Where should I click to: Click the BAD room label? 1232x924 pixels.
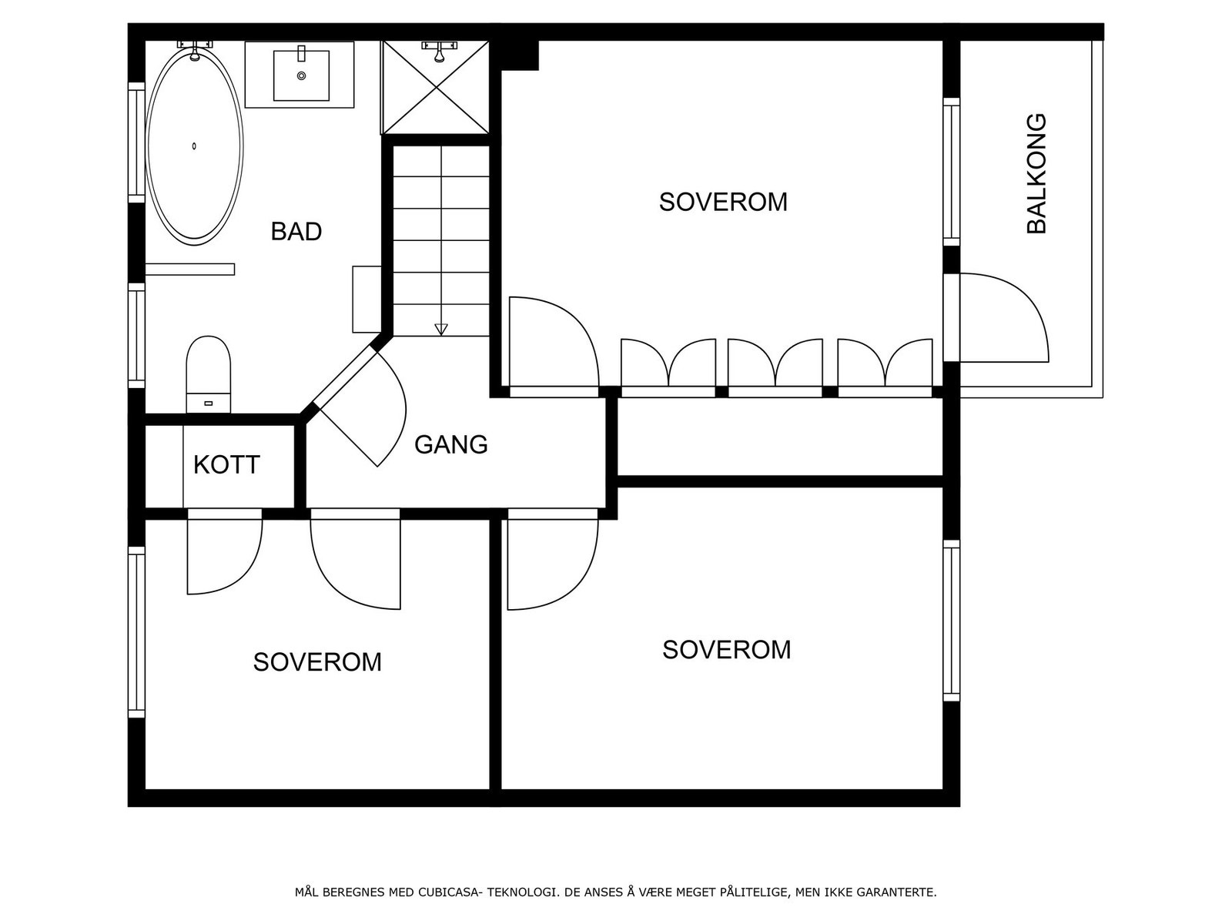[x=296, y=231]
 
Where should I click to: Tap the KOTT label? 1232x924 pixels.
[x=226, y=464]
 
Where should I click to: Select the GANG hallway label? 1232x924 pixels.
[x=450, y=444]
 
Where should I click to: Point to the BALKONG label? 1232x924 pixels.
[x=1036, y=173]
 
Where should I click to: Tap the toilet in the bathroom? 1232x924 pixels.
[x=208, y=374]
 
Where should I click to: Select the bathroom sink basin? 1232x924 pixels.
[x=301, y=75]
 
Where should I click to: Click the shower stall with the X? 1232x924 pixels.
[x=435, y=87]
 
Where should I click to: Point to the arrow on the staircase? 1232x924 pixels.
[x=441, y=330]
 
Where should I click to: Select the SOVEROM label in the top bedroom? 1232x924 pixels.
[x=723, y=202]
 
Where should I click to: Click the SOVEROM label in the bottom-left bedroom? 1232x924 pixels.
[x=317, y=662]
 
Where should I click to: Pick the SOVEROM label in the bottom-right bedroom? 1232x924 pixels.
[x=726, y=650]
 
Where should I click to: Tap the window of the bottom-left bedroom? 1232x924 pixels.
[x=136, y=632]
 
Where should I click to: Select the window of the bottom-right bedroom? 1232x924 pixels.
[x=952, y=621]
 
